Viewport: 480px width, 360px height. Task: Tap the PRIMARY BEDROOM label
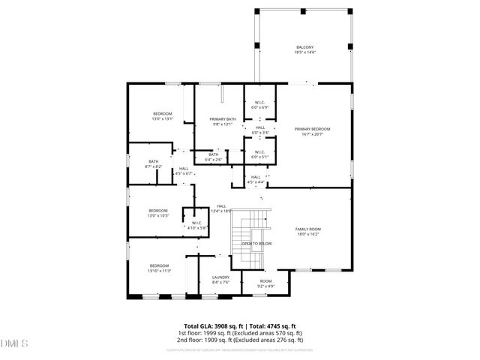[312, 129]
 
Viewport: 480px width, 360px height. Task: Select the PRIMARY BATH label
[223, 119]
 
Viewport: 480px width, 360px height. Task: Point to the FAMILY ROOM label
[309, 229]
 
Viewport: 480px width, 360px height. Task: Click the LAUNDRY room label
[220, 277]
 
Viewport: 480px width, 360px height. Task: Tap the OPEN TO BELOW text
[256, 244]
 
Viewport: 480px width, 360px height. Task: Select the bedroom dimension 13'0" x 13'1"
[163, 118]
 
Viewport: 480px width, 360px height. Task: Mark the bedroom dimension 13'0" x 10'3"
[158, 216]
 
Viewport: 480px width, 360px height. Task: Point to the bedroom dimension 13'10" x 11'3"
[160, 271]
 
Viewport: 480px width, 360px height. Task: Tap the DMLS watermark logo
[14, 343]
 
